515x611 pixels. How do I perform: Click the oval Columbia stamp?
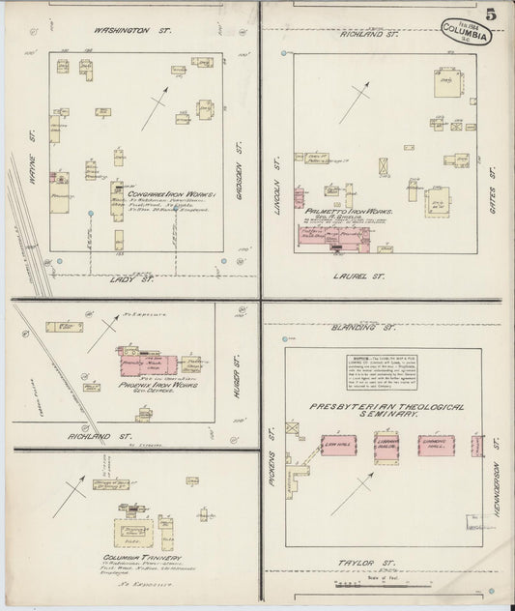(x=469, y=30)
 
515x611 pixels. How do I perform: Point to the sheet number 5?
(x=492, y=15)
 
